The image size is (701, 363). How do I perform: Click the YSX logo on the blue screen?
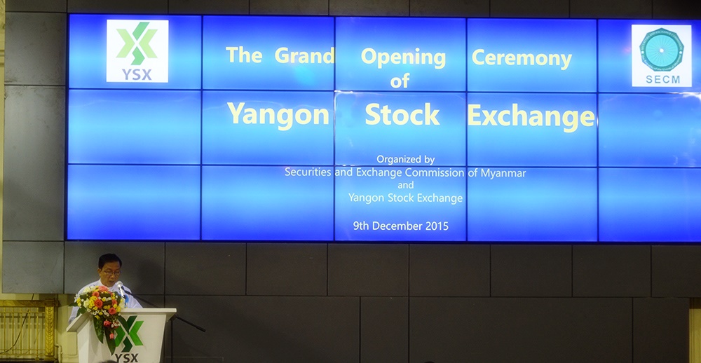(137, 51)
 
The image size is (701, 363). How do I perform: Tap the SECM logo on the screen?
(662, 55)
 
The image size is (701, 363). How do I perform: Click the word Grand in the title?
(304, 55)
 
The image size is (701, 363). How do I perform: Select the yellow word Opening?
(403, 59)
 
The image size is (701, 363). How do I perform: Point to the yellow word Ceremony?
(522, 60)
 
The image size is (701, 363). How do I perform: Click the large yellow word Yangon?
(278, 116)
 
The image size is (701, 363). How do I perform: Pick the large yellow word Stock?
(402, 114)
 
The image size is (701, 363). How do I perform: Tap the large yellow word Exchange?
(531, 117)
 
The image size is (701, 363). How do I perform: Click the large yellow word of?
(400, 81)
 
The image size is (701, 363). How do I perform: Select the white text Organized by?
(405, 160)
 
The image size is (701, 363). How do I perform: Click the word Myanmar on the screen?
(503, 173)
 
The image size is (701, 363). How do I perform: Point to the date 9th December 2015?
(400, 226)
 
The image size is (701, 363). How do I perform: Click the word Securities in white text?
(308, 172)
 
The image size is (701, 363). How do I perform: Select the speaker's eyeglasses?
(111, 271)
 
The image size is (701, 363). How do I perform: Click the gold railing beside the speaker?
(29, 328)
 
